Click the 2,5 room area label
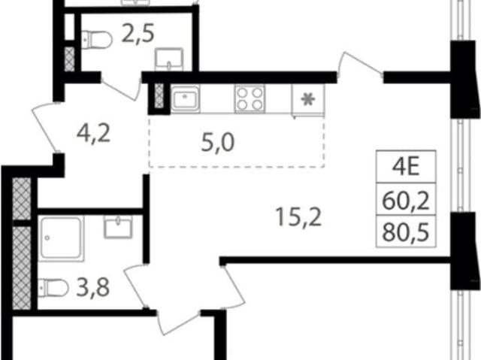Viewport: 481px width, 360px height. pyautogui.click(x=138, y=33)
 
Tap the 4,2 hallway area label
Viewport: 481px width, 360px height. pyautogui.click(x=93, y=134)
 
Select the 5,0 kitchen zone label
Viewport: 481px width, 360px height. pyautogui.click(x=218, y=143)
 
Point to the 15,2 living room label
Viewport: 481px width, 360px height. pyautogui.click(x=298, y=216)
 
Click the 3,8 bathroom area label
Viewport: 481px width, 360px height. pyautogui.click(x=93, y=288)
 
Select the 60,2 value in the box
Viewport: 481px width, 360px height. pyautogui.click(x=406, y=201)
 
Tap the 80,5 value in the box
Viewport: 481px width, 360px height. pyautogui.click(x=406, y=232)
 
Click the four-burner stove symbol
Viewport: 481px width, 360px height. pyautogui.click(x=250, y=98)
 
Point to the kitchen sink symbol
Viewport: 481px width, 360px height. pyautogui.click(x=186, y=98)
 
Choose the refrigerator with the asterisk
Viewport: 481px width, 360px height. pyautogui.click(x=307, y=100)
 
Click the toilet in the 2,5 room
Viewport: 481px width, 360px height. pyautogui.click(x=97, y=40)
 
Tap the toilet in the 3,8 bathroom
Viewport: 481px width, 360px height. pyautogui.click(x=53, y=288)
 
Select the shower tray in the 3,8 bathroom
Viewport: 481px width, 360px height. pyautogui.click(x=61, y=239)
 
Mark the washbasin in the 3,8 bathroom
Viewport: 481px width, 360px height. pyautogui.click(x=119, y=227)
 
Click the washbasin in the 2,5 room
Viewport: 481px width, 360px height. pyautogui.click(x=169, y=60)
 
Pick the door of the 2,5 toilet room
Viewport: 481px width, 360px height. pyautogui.click(x=122, y=89)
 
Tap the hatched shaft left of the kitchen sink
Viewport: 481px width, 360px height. pyautogui.click(x=159, y=96)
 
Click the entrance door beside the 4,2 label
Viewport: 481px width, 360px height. pyautogui.click(x=46, y=127)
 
